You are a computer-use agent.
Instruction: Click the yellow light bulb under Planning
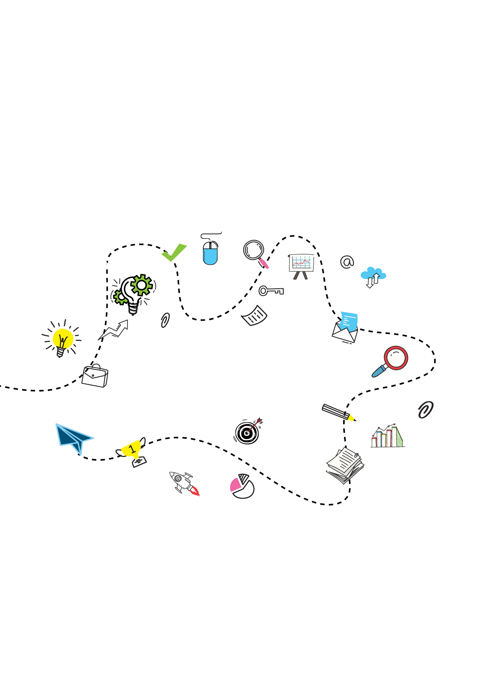coord(62,340)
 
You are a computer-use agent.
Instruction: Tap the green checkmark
coord(174,253)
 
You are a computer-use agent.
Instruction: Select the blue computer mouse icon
coord(210,252)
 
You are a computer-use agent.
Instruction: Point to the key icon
coord(271,291)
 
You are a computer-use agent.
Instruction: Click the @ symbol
coord(347,262)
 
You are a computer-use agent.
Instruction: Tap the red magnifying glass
coord(393,360)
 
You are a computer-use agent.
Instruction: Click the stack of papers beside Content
coord(344,466)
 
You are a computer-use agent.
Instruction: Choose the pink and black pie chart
coord(242,486)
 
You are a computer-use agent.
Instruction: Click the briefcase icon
coord(95,376)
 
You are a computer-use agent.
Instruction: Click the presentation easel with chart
coord(301,265)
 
